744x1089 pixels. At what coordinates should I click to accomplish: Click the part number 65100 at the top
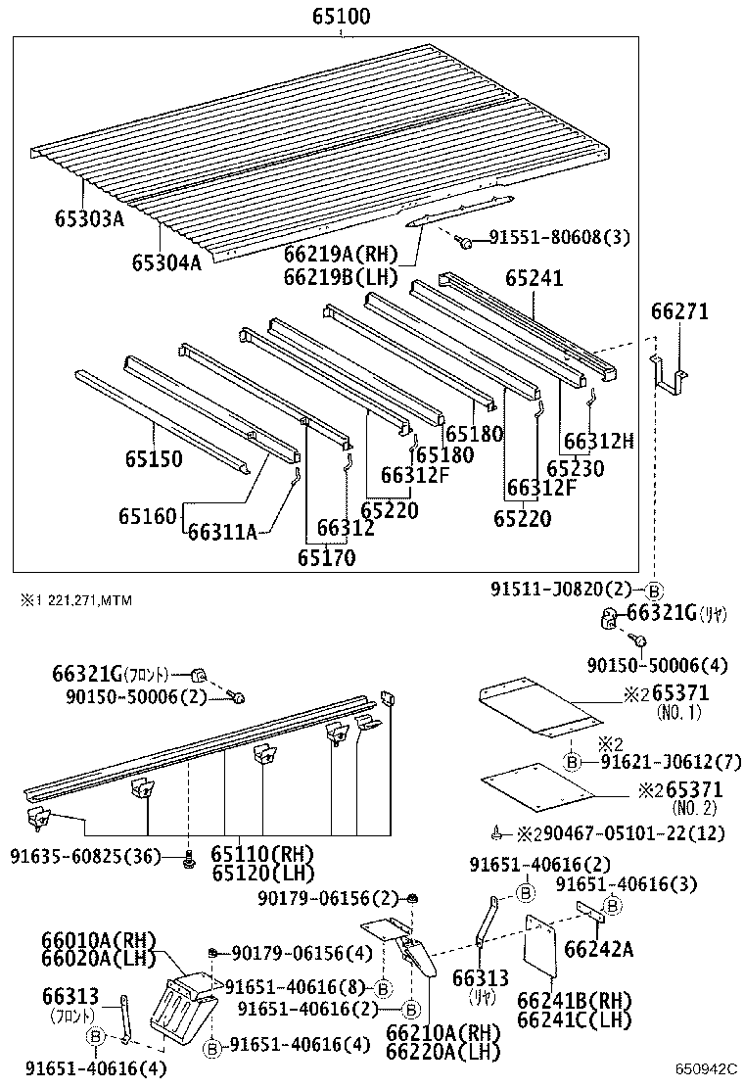click(342, 17)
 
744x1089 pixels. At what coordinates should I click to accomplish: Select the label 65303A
click(89, 218)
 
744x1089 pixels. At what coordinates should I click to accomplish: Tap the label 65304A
click(166, 261)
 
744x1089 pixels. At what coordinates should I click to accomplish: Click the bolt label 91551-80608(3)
click(559, 238)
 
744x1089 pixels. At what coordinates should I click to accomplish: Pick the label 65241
click(535, 278)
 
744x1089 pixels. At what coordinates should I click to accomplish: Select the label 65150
click(153, 458)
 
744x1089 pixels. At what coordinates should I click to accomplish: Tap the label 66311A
click(222, 532)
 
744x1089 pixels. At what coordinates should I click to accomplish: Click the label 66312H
click(599, 442)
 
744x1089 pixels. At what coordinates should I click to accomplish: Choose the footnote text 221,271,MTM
click(82, 599)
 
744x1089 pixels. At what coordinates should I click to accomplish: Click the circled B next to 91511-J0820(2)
click(654, 590)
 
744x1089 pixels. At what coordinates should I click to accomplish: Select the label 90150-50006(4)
click(657, 665)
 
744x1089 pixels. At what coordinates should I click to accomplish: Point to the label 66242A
click(599, 948)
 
